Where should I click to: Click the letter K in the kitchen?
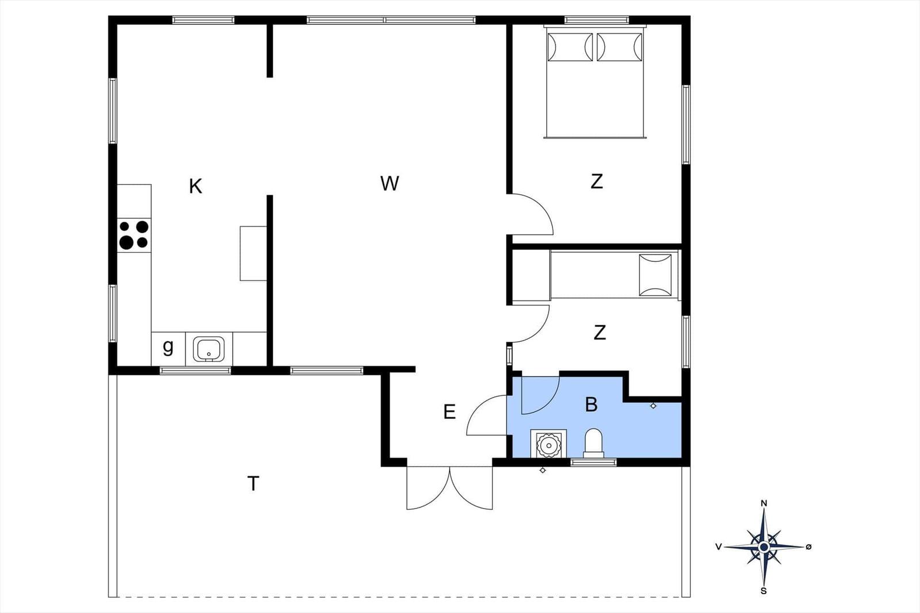pyautogui.click(x=195, y=186)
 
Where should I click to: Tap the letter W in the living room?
pyautogui.click(x=389, y=183)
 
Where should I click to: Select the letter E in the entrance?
pyautogui.click(x=450, y=411)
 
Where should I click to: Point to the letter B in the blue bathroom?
pyautogui.click(x=591, y=404)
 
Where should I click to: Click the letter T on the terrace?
pyautogui.click(x=254, y=483)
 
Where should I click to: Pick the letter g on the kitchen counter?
pyautogui.click(x=168, y=348)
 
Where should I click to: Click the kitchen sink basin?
pyautogui.click(x=209, y=349)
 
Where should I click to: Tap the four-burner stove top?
pyautogui.click(x=134, y=235)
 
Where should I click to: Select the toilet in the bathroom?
pyautogui.click(x=593, y=443)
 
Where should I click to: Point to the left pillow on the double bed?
pyautogui.click(x=570, y=47)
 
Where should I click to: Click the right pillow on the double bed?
pyautogui.click(x=619, y=47)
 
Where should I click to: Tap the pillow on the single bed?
pyautogui.click(x=655, y=275)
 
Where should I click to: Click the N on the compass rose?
pyautogui.click(x=764, y=503)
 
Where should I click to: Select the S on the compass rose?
pyautogui.click(x=764, y=591)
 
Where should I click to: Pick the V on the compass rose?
pyautogui.click(x=719, y=546)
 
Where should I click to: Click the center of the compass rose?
pyautogui.click(x=764, y=547)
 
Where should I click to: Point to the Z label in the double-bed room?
pyautogui.click(x=597, y=182)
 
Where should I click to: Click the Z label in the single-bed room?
pyautogui.click(x=600, y=332)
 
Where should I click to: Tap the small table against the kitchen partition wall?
pyautogui.click(x=254, y=253)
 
